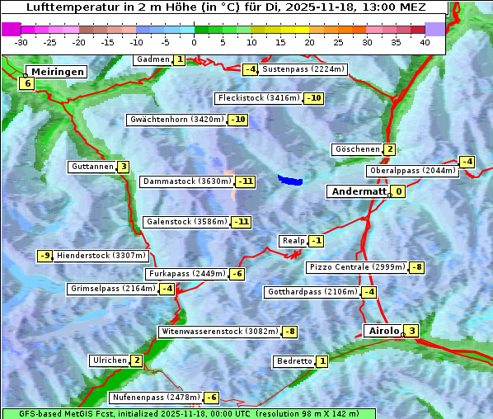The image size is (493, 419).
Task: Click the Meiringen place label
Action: click(55, 72)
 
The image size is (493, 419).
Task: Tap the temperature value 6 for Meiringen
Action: click(27, 83)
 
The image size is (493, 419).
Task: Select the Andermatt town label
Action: click(358, 191)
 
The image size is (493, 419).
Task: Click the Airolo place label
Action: click(383, 331)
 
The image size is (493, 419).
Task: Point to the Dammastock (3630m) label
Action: click(186, 181)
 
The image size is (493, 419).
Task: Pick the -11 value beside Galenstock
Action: click(241, 222)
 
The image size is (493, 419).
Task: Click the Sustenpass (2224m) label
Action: click(297, 69)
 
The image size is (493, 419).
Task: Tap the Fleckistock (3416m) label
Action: click(258, 98)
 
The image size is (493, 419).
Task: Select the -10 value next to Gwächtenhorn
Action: click(237, 120)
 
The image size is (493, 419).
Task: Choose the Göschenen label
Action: click(356, 149)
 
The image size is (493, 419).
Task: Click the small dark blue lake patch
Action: click(290, 179)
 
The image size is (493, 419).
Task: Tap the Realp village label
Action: click(293, 241)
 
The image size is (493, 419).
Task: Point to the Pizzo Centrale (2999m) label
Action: click(357, 267)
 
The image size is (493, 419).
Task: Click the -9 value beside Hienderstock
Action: click(45, 256)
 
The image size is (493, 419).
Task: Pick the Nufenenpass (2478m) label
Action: click(156, 398)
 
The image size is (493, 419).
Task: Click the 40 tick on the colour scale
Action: click(425, 42)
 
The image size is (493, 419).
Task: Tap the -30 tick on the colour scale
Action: click(21, 42)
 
